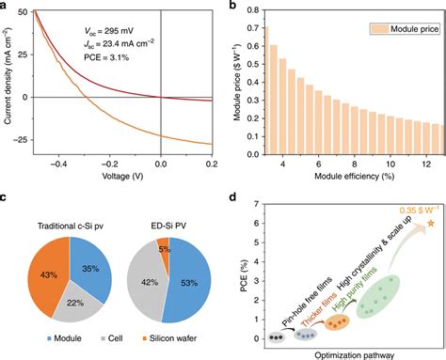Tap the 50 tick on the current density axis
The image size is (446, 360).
click(x=33, y=12)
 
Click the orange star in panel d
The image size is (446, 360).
click(x=431, y=224)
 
